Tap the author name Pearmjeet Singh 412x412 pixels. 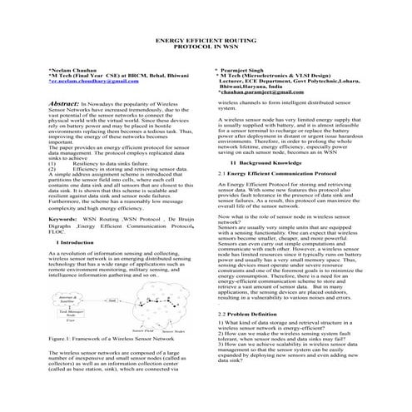click(x=250, y=72)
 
